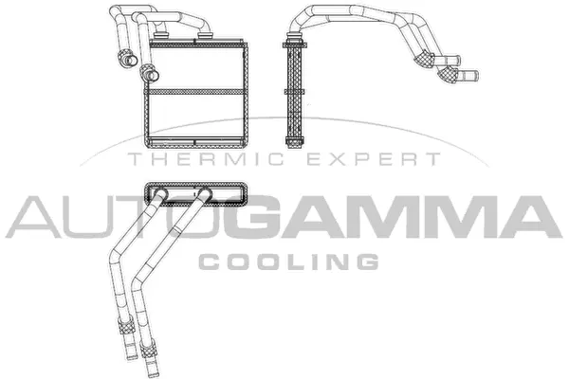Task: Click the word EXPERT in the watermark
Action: tap(387, 160)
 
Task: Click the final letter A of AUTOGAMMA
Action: tap(527, 217)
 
